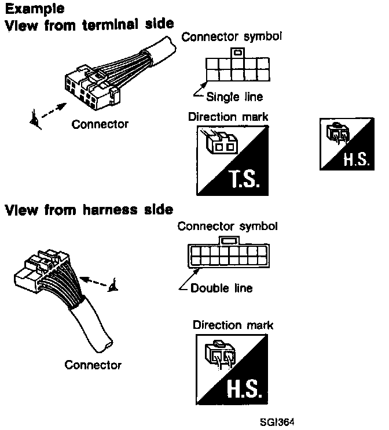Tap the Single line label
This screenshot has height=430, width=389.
(x=234, y=97)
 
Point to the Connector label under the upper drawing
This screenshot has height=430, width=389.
(x=100, y=124)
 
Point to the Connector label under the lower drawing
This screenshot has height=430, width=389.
(x=93, y=365)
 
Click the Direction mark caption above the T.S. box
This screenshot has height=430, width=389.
(x=228, y=117)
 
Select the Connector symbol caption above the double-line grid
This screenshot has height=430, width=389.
(x=227, y=225)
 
